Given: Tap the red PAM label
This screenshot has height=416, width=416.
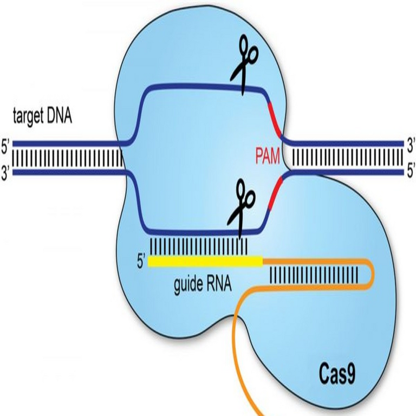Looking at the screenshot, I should coord(268,158).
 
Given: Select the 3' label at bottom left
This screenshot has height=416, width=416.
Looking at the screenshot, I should coord(6,175).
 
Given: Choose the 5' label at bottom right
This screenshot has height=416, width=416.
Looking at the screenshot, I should coord(410,174).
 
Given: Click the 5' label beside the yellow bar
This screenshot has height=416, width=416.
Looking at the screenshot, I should coord(141,262).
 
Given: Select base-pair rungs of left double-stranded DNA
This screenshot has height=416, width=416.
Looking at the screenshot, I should coord(65,158).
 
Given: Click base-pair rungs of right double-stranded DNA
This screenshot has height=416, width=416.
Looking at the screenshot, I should coord(347,158).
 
